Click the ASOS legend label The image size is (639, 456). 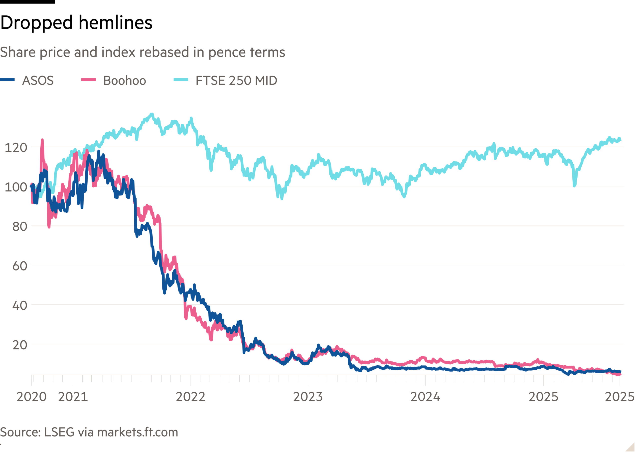[x=38, y=81]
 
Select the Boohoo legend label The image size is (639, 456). [x=125, y=81]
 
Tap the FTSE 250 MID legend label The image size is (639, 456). [x=236, y=81]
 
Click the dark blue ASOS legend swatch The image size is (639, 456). [x=7, y=80]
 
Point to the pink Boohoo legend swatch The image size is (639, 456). [x=89, y=80]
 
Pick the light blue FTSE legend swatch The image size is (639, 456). [x=181, y=80]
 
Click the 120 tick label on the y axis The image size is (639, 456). [x=16, y=147]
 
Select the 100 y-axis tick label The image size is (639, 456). [x=16, y=187]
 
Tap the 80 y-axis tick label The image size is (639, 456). [x=19, y=227]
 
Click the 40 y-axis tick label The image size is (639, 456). [x=19, y=305]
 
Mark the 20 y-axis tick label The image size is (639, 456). [x=19, y=345]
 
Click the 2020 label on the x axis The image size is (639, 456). [x=31, y=397]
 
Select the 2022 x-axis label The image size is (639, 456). [x=191, y=397]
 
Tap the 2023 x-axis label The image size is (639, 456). [x=308, y=397]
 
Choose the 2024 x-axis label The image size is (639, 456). [x=425, y=397]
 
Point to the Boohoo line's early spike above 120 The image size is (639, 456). [x=42, y=140]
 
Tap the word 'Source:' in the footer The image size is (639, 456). [x=20, y=432]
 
